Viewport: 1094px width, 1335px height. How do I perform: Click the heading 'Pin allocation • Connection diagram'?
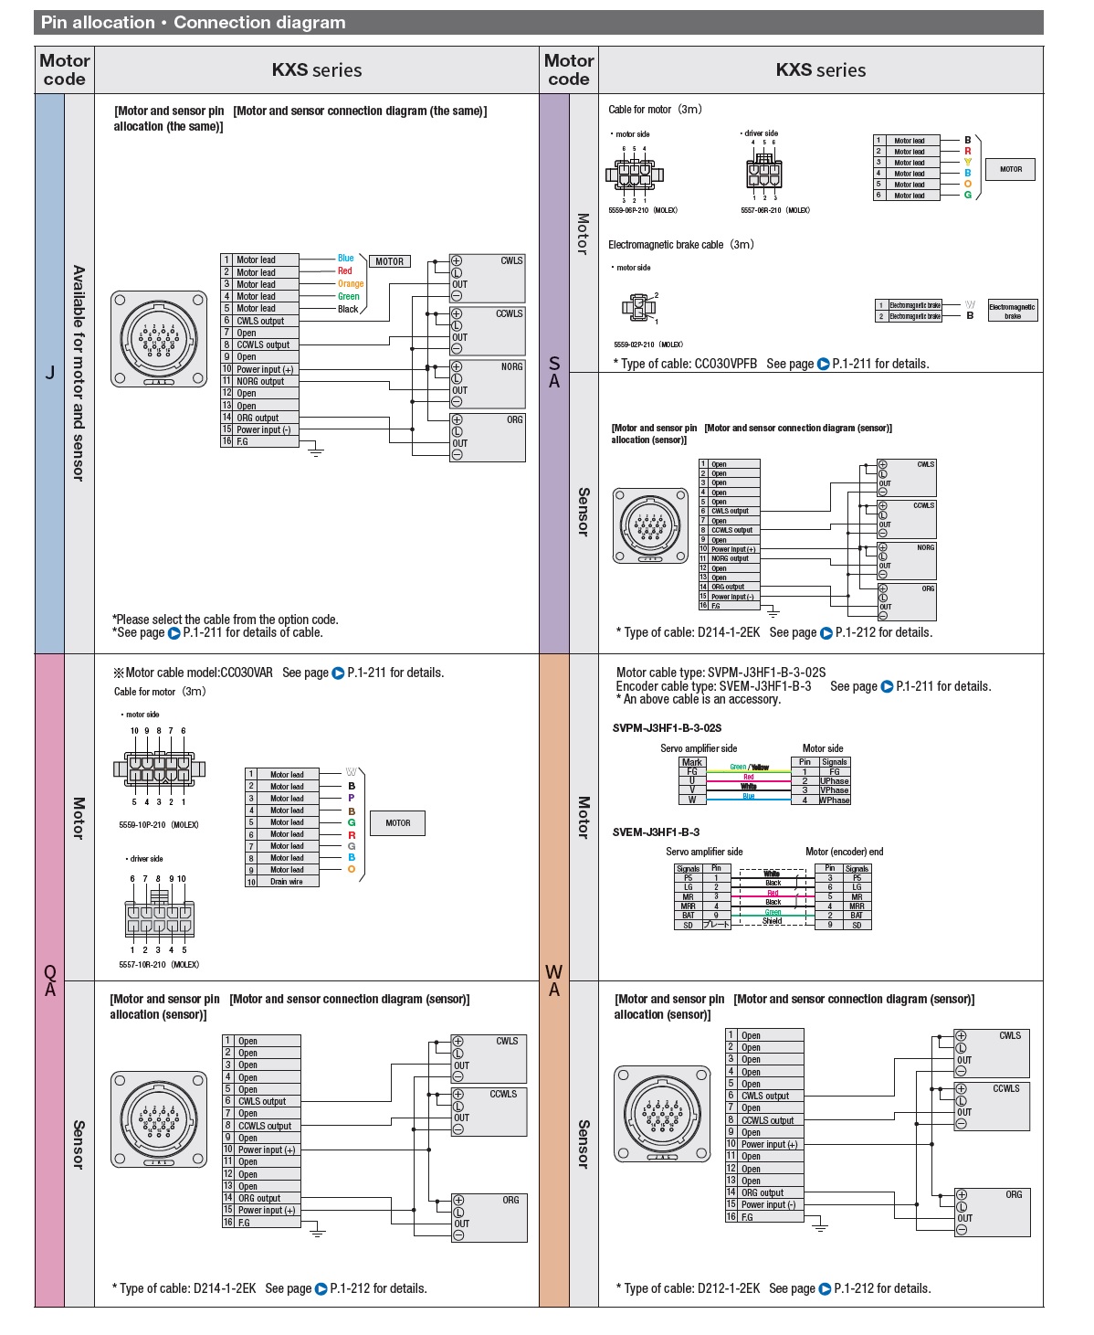point(193,23)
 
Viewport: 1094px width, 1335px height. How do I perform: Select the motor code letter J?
point(49,373)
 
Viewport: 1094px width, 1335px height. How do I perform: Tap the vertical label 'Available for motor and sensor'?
point(79,373)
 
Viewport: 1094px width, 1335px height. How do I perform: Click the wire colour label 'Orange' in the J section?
point(350,284)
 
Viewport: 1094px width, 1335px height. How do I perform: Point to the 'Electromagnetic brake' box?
point(1012,311)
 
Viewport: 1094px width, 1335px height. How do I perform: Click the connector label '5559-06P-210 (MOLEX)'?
point(643,210)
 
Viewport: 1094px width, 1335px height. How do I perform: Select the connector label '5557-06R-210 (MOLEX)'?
point(775,210)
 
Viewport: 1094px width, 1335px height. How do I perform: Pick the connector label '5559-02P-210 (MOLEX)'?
point(648,344)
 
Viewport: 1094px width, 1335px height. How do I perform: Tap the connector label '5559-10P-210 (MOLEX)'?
point(159,825)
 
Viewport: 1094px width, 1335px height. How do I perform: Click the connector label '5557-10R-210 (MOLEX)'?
point(159,964)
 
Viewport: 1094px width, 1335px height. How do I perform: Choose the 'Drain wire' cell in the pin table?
point(287,882)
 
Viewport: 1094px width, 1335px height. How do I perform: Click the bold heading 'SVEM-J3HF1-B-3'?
point(656,832)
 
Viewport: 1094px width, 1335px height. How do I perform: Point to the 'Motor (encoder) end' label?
point(844,852)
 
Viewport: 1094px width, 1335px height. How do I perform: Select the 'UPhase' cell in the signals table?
point(835,781)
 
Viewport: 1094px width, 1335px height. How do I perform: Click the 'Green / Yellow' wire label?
point(749,768)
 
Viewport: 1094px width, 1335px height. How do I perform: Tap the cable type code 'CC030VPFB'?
point(726,364)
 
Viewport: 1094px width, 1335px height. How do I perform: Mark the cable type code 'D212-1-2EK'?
point(728,1288)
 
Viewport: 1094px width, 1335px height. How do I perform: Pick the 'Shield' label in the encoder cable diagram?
point(773,921)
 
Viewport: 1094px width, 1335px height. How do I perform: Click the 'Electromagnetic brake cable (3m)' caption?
point(681,245)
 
